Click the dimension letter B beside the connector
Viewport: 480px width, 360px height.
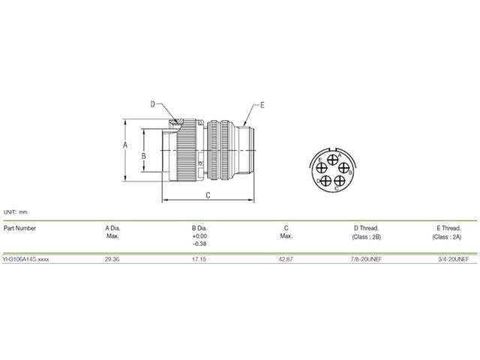(x=143, y=156)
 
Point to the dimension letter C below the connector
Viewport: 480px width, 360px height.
(x=207, y=195)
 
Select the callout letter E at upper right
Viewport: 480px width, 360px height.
(x=262, y=105)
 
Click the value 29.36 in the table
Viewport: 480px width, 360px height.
(x=112, y=259)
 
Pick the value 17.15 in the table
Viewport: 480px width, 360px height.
(x=199, y=259)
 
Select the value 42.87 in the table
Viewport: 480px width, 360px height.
(x=286, y=259)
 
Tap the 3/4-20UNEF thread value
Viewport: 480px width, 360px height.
(x=452, y=259)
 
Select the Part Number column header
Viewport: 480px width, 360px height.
(x=20, y=227)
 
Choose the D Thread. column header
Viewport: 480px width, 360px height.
(x=366, y=227)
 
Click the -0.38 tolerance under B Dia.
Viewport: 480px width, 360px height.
(x=199, y=244)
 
